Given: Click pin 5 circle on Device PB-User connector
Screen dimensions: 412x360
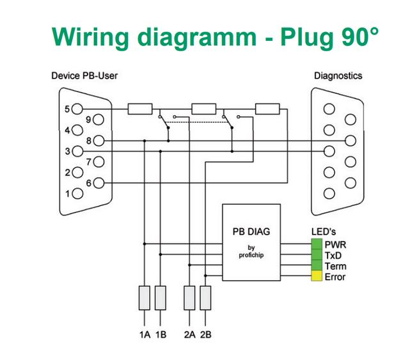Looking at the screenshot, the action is (x=77, y=109).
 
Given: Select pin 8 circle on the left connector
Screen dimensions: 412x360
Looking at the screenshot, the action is (x=99, y=141).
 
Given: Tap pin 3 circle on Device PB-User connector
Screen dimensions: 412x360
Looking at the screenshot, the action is (x=77, y=152).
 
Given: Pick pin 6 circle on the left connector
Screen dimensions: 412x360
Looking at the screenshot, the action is (x=99, y=183).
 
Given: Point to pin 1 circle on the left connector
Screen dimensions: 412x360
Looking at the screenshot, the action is (x=77, y=194).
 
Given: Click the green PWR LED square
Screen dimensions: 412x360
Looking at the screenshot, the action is (x=317, y=244).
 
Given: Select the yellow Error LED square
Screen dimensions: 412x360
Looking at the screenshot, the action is (x=317, y=276).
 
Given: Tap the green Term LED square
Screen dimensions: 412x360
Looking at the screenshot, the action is (x=317, y=265).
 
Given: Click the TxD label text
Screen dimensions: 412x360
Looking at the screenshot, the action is (x=333, y=256).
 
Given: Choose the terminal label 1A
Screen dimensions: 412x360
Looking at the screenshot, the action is (x=145, y=334).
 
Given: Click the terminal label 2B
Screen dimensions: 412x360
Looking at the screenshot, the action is (x=205, y=334).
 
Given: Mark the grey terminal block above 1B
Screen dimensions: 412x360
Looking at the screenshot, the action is (x=161, y=298).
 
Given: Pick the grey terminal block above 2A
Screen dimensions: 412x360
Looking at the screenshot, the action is (x=189, y=298).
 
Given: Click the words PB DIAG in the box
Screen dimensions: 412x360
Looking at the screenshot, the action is (x=251, y=231).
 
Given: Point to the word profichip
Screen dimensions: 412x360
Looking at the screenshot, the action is (x=251, y=255).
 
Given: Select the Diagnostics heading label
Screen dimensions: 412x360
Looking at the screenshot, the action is (x=338, y=76).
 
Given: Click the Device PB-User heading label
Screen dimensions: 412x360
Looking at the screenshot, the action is (x=84, y=75).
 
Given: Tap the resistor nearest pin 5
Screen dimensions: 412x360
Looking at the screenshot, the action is (x=140, y=109).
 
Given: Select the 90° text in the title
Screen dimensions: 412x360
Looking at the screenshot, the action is (x=360, y=36).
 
